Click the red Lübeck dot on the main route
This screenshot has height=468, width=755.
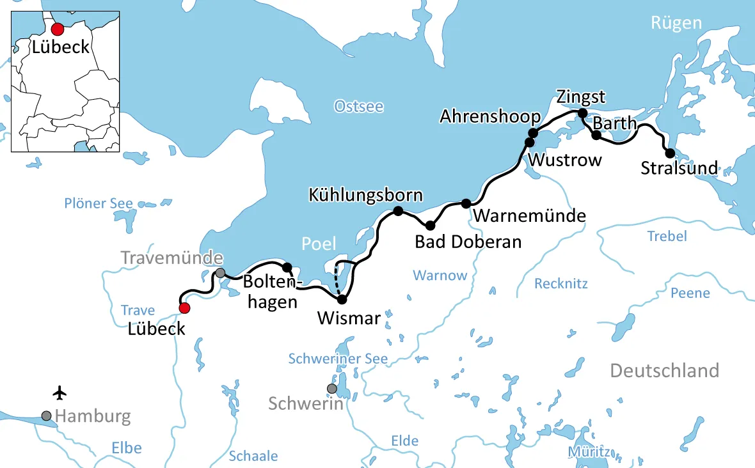(x=184, y=308)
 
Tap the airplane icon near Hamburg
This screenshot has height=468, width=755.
(x=61, y=391)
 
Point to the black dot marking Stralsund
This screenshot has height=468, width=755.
(x=670, y=153)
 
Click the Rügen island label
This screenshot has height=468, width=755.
(x=676, y=24)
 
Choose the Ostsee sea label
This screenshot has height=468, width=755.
(x=359, y=107)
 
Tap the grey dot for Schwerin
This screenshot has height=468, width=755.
(x=331, y=388)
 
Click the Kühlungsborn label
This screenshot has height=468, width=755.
(x=365, y=194)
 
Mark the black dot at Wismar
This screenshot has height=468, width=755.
(x=342, y=299)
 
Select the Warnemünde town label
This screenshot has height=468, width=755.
(x=530, y=216)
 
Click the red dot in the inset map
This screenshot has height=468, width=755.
(x=58, y=29)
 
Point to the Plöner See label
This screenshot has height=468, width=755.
(x=99, y=204)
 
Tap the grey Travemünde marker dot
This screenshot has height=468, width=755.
(x=220, y=273)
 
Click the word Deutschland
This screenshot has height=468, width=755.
(x=664, y=370)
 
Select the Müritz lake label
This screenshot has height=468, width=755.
(x=588, y=452)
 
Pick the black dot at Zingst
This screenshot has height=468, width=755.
(x=582, y=113)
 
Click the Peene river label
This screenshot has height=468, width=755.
(x=690, y=293)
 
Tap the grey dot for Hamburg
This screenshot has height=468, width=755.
(x=46, y=416)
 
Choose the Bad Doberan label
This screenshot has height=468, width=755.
(x=468, y=242)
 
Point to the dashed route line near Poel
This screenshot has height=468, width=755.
(x=336, y=284)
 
